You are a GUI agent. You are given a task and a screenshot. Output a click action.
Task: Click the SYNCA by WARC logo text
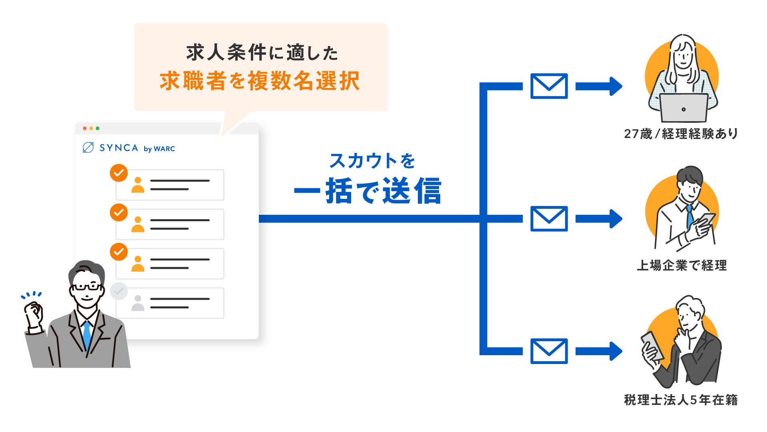(x=129, y=148)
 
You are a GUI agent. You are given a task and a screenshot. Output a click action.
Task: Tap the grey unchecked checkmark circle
(x=119, y=291)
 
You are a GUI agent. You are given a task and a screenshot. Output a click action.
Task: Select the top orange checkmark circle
(x=119, y=173)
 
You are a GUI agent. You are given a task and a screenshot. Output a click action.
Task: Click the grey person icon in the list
(x=137, y=303)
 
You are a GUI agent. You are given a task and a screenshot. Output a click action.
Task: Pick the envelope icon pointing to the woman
(x=549, y=86)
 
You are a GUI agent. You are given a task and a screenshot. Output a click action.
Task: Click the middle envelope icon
(x=549, y=219)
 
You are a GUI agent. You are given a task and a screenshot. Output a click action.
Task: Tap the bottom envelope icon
(x=549, y=351)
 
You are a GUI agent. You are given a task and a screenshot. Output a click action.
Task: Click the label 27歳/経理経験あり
(x=681, y=134)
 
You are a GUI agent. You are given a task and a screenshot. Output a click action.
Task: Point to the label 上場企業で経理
(x=682, y=265)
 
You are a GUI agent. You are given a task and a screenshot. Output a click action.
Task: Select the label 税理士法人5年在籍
(x=681, y=400)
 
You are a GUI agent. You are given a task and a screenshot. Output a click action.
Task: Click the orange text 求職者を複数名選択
(x=260, y=81)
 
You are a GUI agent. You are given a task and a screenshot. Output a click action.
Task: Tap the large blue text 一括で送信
(x=368, y=191)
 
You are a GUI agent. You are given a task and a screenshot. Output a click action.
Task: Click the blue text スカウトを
(x=372, y=161)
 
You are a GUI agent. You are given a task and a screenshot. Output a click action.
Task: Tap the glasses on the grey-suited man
(x=86, y=287)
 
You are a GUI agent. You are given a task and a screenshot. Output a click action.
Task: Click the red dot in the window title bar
(x=85, y=128)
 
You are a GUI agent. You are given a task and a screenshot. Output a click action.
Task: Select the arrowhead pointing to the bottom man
(x=615, y=351)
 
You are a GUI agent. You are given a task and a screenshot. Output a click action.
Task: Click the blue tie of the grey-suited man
(x=87, y=334)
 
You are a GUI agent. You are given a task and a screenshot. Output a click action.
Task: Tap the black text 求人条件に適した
(x=262, y=53)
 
